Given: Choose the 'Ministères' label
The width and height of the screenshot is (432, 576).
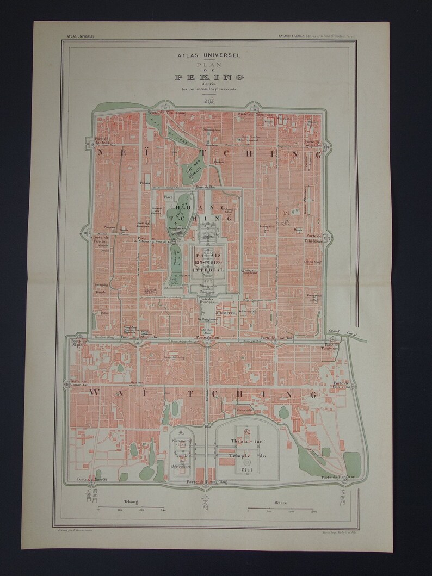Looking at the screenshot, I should coord(256,313).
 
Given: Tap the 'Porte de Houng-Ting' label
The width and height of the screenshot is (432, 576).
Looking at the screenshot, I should coord(205,482).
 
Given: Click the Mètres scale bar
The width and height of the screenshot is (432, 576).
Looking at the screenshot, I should coord(281,510).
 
